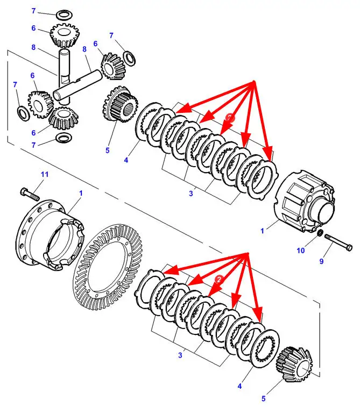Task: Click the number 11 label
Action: coord(45,174)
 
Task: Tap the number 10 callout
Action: coord(301,251)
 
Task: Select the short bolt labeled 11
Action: coord(30,194)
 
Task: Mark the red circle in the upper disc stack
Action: coord(230,116)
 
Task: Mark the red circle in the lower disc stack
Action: coord(220,280)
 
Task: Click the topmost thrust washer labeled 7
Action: coord(63,13)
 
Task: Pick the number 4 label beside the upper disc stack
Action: coord(126,159)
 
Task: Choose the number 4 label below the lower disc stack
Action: coord(239,386)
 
